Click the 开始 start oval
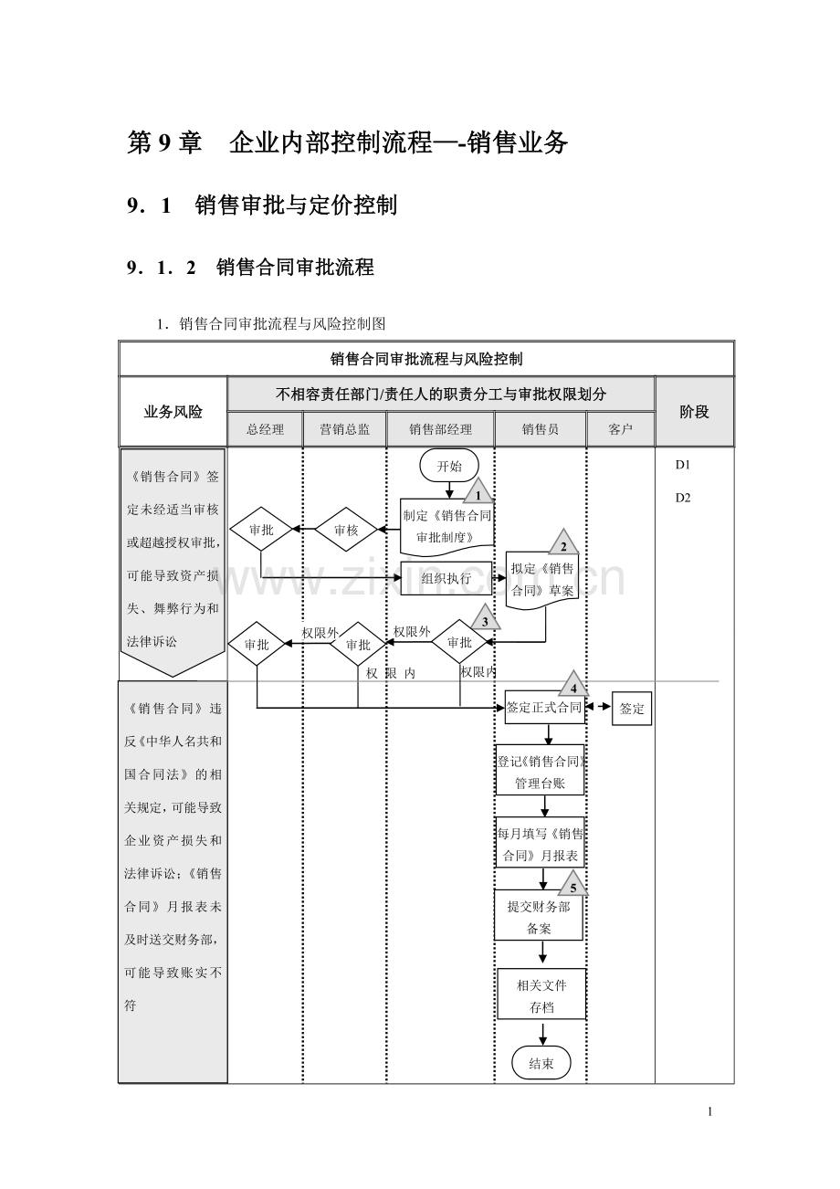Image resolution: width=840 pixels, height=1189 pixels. [x=449, y=466]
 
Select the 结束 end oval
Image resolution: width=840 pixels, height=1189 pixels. [x=541, y=1063]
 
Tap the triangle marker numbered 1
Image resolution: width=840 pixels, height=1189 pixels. [x=478, y=494]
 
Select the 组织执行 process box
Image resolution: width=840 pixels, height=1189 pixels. [x=446, y=578]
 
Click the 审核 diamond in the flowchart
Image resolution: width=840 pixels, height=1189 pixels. [x=346, y=530]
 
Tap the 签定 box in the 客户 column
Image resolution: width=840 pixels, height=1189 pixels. [x=632, y=708]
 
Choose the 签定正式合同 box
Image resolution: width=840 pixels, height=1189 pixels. [x=544, y=707]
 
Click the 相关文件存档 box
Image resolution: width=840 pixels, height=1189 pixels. [x=541, y=996]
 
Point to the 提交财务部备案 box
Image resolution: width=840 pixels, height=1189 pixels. [x=539, y=917]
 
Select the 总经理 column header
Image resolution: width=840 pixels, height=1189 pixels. [x=265, y=429]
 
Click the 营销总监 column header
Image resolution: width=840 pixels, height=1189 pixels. [x=345, y=429]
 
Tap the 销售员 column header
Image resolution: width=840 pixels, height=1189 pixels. [x=541, y=429]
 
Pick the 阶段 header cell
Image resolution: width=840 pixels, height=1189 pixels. [x=695, y=412]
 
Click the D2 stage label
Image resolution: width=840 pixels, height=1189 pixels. [x=683, y=498]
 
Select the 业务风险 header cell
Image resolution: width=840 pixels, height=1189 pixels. [x=173, y=412]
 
